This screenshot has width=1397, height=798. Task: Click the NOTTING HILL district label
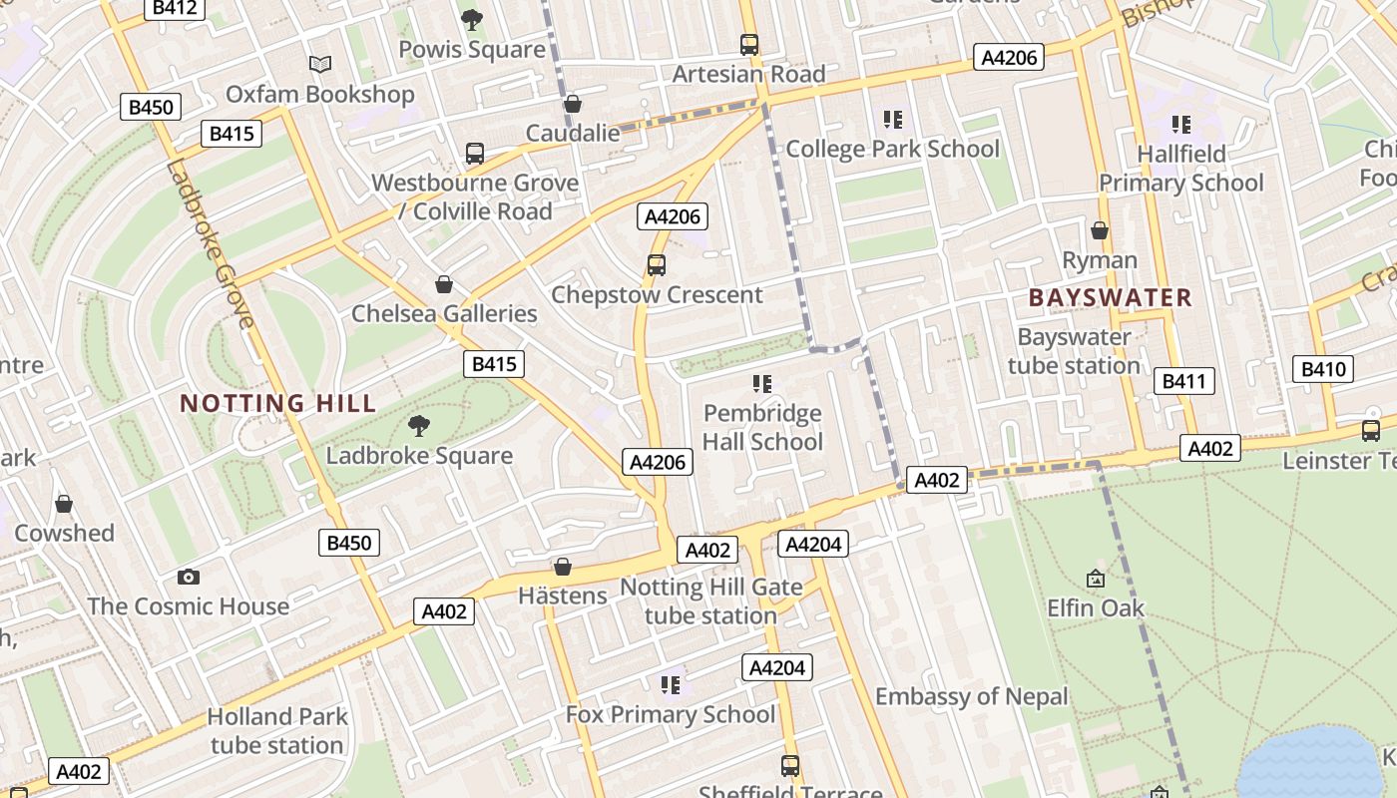pyautogui.click(x=277, y=403)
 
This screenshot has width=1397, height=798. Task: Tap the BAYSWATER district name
pyautogui.click(x=1110, y=297)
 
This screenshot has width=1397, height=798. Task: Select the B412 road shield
pyautogui.click(x=176, y=9)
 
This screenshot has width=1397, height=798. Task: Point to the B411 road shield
pyautogui.click(x=1184, y=380)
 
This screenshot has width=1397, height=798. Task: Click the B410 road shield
pyautogui.click(x=1323, y=369)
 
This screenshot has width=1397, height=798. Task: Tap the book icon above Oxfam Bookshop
pyautogui.click(x=319, y=65)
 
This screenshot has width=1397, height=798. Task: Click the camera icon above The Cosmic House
pyautogui.click(x=188, y=577)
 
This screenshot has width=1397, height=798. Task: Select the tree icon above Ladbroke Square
pyautogui.click(x=419, y=426)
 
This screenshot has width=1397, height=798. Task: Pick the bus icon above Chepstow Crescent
pyautogui.click(x=656, y=265)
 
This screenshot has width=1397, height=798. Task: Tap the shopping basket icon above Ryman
pyautogui.click(x=1100, y=230)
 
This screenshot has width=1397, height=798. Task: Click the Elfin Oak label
pyautogui.click(x=1095, y=607)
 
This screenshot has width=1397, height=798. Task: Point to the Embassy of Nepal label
pyautogui.click(x=971, y=696)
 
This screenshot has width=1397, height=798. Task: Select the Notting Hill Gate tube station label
pyautogui.click(x=710, y=601)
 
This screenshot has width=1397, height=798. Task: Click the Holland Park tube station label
pyautogui.click(x=277, y=730)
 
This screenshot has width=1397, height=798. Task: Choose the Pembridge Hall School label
pyautogui.click(x=762, y=427)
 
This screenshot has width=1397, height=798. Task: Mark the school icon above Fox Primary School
pyautogui.click(x=671, y=684)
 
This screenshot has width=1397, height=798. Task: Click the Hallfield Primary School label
pyautogui.click(x=1181, y=169)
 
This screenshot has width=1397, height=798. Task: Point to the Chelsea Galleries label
pyautogui.click(x=444, y=313)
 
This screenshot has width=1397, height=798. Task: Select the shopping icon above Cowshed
pyautogui.click(x=64, y=504)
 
